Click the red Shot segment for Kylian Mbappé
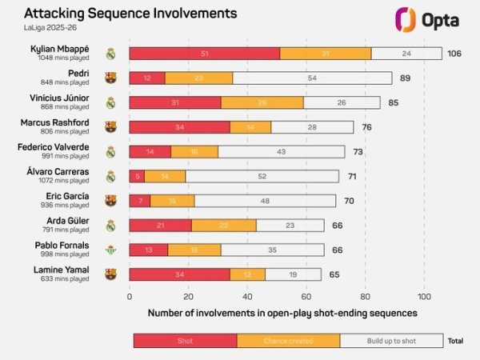coord(204,54)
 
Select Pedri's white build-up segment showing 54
coord(312,78)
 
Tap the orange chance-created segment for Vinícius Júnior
coord(262,102)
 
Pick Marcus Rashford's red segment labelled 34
coord(179,127)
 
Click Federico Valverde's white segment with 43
coord(281,151)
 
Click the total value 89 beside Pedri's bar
coord(405,78)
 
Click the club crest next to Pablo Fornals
coord(110,250)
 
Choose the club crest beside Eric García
coord(110,201)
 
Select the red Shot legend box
coord(185,341)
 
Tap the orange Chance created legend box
coord(288,341)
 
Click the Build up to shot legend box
coord(391,341)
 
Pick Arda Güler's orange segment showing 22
coord(224,225)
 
